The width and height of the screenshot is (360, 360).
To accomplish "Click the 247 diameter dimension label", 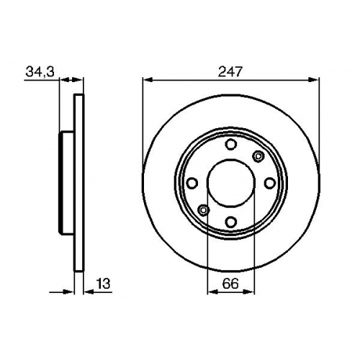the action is point(230,71).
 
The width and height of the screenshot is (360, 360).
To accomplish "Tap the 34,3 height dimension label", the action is point(40,72).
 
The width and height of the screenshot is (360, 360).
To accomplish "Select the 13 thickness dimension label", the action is point(103,284).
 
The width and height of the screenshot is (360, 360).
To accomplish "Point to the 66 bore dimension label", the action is point(230,284).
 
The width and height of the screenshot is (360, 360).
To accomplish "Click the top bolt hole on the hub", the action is point(231,145).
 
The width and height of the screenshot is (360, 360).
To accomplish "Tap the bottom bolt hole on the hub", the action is point(231,222).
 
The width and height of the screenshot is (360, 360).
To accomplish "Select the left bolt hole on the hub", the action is point(192,183).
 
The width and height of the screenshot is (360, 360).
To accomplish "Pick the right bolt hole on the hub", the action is point(270,183).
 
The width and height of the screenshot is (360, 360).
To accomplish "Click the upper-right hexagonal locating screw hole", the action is point(258,156).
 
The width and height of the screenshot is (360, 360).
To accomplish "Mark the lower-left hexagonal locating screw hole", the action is point(203,210).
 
